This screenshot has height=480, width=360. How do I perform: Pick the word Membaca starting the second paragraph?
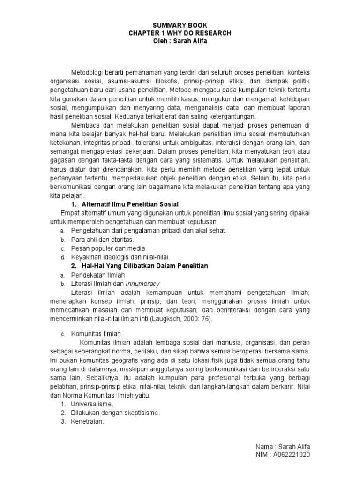click(x=84, y=125)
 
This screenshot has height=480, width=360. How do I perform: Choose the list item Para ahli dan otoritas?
click(x=99, y=240)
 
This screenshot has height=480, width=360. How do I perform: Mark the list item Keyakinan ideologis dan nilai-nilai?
click(x=120, y=257)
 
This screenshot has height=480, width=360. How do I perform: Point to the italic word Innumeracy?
click(x=144, y=284)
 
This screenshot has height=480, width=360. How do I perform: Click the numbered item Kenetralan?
click(x=87, y=421)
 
